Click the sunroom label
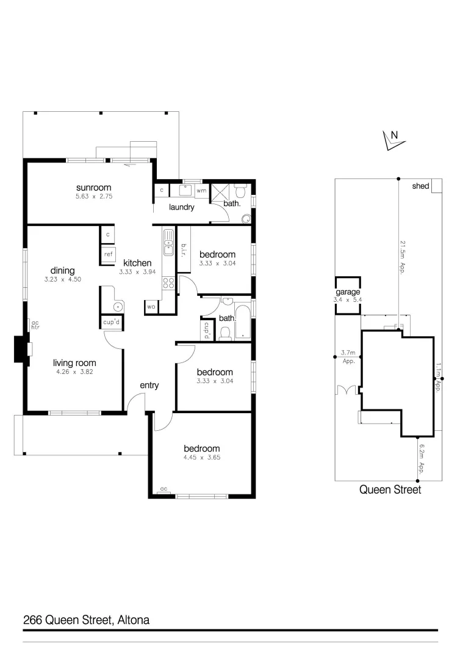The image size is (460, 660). (x=94, y=187)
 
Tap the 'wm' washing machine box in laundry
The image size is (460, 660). (x=201, y=191)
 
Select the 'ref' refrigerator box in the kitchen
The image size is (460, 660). (x=108, y=254)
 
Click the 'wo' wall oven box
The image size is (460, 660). (x=151, y=306)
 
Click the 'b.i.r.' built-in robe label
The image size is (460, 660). (x=183, y=249)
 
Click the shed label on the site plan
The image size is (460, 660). (x=420, y=186)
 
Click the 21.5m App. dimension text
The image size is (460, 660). (x=403, y=257)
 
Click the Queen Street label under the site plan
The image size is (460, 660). (x=390, y=490)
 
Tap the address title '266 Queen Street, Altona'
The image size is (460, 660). (x=86, y=620)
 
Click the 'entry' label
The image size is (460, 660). (x=149, y=385)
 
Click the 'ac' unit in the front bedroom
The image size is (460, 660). (x=164, y=489)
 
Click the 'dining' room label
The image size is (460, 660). (x=63, y=271)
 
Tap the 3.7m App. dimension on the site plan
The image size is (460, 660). (x=348, y=356)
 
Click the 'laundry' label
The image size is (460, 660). (x=181, y=207)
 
